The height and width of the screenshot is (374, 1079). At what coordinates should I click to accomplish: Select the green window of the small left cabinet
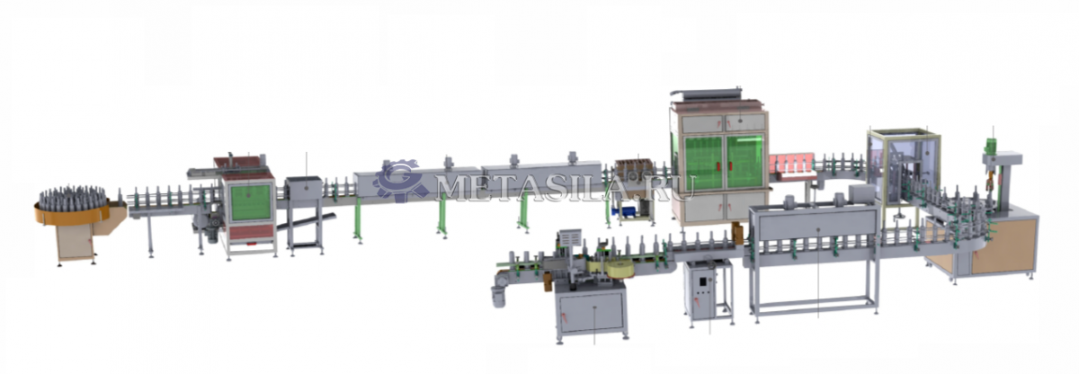coord(251,202)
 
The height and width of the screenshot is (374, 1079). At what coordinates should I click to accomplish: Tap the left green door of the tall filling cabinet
coord(704,163)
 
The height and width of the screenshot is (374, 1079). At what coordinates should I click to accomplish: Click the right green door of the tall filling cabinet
coord(745,163)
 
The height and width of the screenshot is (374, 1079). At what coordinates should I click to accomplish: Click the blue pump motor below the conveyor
coord(624,211)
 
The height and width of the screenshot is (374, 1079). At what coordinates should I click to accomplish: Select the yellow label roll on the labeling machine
coord(619,271)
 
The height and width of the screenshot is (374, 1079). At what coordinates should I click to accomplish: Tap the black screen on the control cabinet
coord(703,280)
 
